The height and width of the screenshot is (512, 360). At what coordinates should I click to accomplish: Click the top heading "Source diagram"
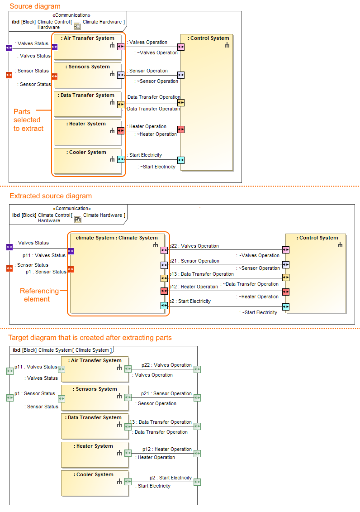(35, 6)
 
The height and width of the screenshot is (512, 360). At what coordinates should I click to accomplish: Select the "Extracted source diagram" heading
(51, 196)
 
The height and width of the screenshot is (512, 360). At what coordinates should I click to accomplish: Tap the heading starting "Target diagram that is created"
(90, 338)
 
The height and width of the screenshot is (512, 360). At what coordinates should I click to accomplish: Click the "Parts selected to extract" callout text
(28, 120)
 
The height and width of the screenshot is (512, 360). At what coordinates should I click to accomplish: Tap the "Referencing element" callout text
(40, 295)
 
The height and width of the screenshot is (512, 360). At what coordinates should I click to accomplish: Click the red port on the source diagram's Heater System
(121, 131)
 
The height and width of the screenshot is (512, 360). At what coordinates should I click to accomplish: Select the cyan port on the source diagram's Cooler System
(121, 159)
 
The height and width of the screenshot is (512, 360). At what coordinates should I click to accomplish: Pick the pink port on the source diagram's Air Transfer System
(121, 47)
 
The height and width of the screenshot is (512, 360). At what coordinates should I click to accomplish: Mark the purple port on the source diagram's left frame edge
(9, 48)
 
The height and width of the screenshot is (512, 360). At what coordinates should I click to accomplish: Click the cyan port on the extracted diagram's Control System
(286, 306)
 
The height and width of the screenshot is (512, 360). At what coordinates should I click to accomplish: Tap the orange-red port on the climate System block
(71, 269)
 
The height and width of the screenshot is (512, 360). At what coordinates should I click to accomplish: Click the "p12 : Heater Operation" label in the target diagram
(167, 449)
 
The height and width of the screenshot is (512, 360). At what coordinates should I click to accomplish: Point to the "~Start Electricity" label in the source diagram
(156, 167)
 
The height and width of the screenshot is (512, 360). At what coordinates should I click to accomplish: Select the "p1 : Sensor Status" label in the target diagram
(35, 393)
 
